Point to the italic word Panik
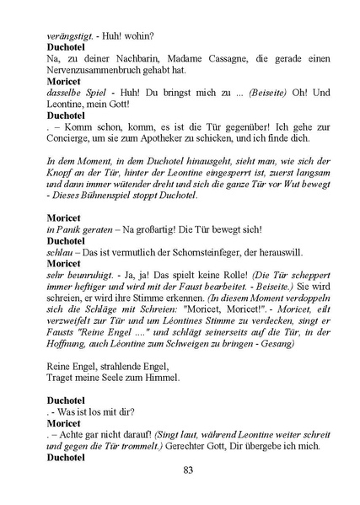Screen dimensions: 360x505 pyautogui.click(x=73, y=230)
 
